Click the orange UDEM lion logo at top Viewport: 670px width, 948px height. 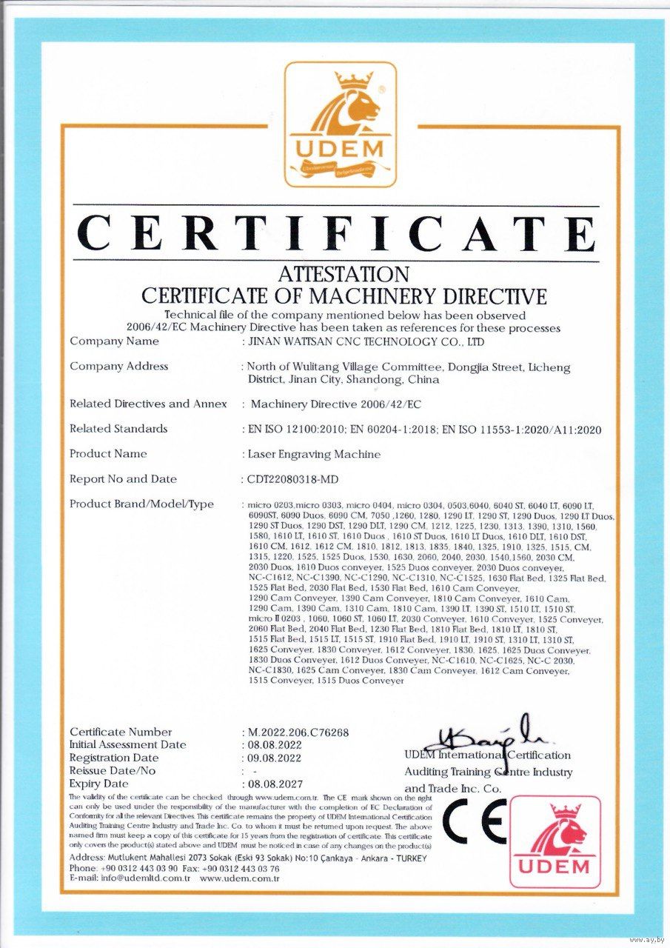pyautogui.click(x=341, y=124)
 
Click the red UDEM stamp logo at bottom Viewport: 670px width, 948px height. pyautogui.click(x=555, y=841)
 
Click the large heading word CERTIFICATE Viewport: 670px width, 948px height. pyautogui.click(x=338, y=233)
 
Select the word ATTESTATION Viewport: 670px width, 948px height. pyautogui.click(x=344, y=276)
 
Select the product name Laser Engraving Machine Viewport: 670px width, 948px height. pyautogui.click(x=314, y=454)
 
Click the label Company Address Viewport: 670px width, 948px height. pyautogui.click(x=118, y=366)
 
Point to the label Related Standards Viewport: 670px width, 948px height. pyautogui.click(x=118, y=429)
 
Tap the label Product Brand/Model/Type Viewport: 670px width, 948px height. pyautogui.click(x=141, y=504)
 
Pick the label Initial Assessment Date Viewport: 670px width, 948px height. pyautogui.click(x=127, y=745)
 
